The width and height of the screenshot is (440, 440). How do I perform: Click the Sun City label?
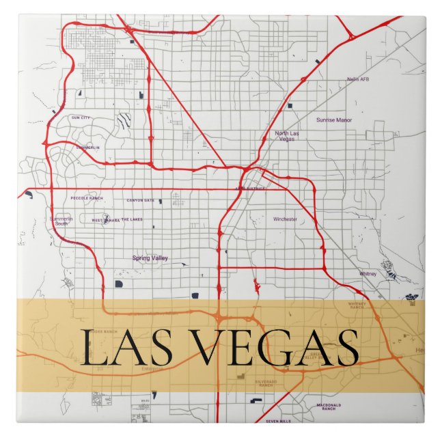pos(81,118)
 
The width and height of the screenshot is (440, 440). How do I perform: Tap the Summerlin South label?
pos(60,221)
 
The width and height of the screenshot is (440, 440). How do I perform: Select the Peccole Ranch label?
pos(87,199)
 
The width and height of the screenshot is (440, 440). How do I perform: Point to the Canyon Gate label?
pos(140,200)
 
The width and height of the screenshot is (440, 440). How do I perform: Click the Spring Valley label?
pos(150,258)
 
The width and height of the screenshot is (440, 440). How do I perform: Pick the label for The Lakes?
pos(133,219)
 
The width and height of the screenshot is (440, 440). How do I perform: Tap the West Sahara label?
pos(106,220)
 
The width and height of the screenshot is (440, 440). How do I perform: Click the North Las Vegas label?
pos(287,135)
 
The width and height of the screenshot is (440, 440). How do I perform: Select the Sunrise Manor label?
pos(334,120)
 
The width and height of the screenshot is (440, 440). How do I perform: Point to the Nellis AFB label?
pos(358,79)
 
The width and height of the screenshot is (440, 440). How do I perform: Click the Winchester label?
pos(285,219)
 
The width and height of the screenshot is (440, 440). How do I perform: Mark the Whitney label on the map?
pos(368,274)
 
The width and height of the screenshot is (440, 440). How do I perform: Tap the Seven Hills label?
pos(278,421)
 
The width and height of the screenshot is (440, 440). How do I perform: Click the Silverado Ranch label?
pos(266,384)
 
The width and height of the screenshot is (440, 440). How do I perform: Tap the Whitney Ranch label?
pos(357,305)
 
